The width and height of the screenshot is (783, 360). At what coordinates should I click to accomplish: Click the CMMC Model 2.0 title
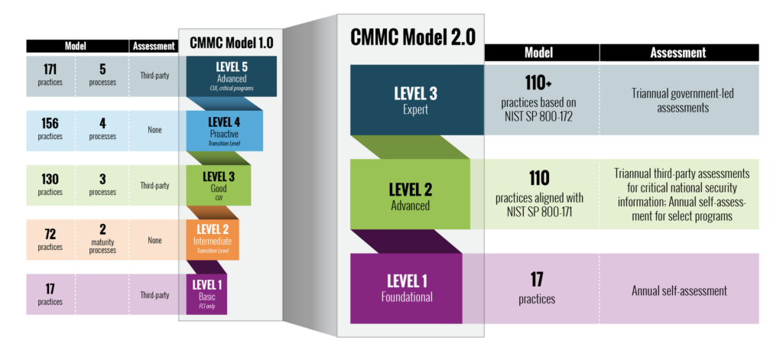(411, 37)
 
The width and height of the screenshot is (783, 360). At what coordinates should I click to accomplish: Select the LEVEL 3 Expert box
(416, 99)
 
